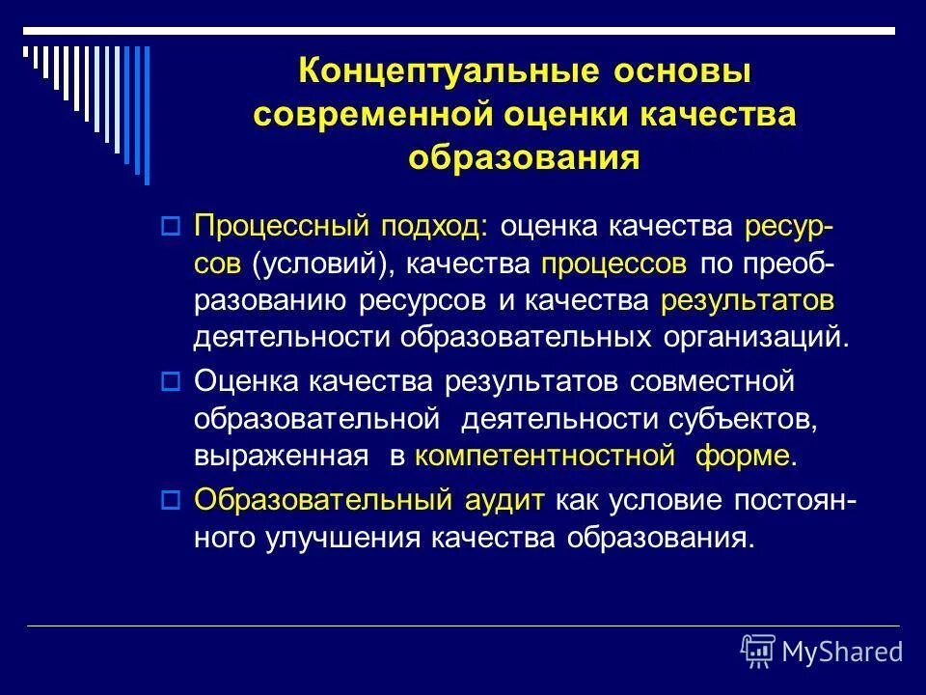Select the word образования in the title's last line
524,157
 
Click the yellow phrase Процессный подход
340,228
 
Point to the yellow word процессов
614,264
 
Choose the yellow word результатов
748,301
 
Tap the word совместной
712,382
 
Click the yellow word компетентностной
544,456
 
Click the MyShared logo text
842,652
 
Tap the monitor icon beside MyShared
758,652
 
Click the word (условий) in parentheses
325,264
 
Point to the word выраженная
281,456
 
